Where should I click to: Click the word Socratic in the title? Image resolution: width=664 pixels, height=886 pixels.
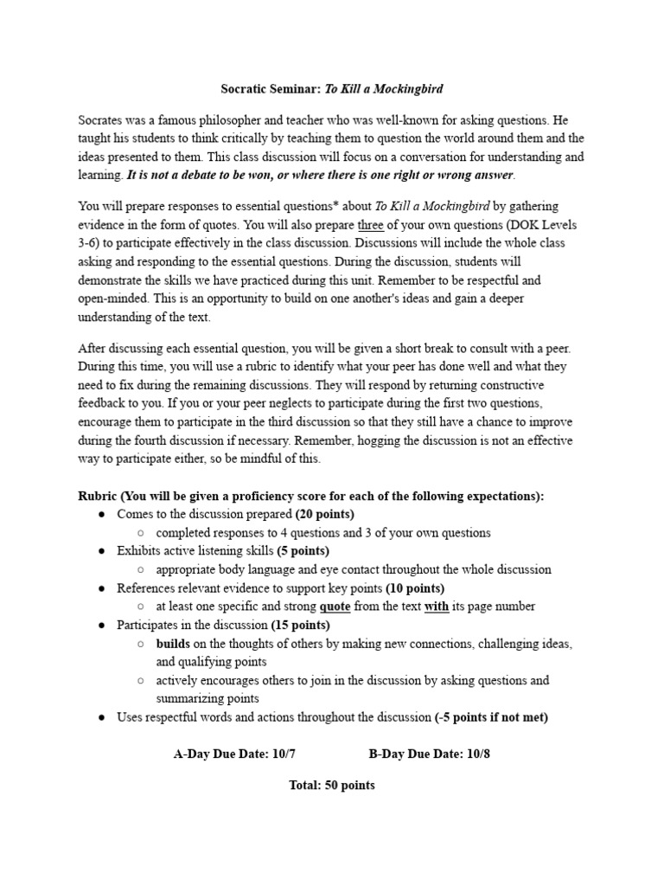pos(243,89)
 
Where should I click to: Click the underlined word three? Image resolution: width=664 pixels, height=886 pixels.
pos(371,224)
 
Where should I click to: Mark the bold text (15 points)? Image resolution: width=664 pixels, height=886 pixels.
pos(300,625)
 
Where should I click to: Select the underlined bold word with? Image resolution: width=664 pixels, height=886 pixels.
pos(436,607)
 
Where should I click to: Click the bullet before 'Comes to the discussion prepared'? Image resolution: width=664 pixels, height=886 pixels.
pos(101,515)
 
